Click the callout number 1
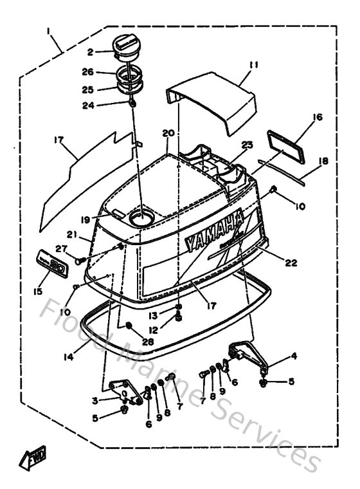[50, 30]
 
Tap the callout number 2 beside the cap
[91, 52]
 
